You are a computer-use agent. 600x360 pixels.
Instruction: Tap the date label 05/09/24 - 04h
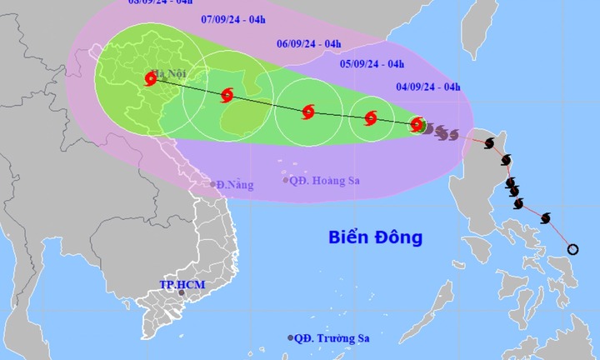[372, 63]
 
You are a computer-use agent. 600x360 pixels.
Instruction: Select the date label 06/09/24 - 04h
[308, 44]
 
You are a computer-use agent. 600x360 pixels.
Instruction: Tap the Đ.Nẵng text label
[236, 184]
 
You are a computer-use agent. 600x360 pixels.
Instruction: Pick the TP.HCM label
[182, 285]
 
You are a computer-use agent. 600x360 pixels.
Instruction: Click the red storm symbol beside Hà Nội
[151, 79]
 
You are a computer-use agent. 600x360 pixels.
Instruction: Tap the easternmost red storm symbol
[417, 125]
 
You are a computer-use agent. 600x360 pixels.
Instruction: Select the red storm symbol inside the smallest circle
[371, 118]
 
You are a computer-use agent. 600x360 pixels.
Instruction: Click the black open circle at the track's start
[572, 249]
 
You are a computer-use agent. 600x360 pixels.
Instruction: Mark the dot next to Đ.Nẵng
[213, 184]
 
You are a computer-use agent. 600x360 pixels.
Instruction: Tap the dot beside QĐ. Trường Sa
[291, 337]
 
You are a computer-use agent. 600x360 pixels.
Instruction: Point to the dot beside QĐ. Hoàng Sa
[285, 179]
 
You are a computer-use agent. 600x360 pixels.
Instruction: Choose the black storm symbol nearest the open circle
[546, 218]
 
